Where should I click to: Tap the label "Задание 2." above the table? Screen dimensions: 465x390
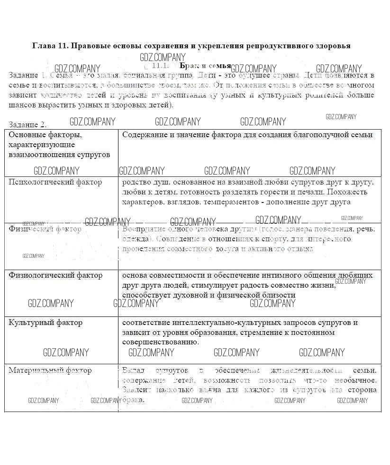(27, 125)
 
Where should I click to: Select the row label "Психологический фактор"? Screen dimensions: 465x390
(55, 182)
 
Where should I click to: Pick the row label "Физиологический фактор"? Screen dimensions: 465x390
(55, 275)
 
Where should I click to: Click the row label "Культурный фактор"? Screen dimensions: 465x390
(45, 323)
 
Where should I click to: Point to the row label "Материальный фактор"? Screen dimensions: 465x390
(50, 370)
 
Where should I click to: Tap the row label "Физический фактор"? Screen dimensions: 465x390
(45, 229)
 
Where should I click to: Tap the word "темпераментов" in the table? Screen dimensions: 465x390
(227, 202)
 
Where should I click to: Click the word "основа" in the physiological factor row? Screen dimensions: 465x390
(134, 275)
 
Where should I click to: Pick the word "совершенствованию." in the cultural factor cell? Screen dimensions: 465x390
(160, 342)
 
